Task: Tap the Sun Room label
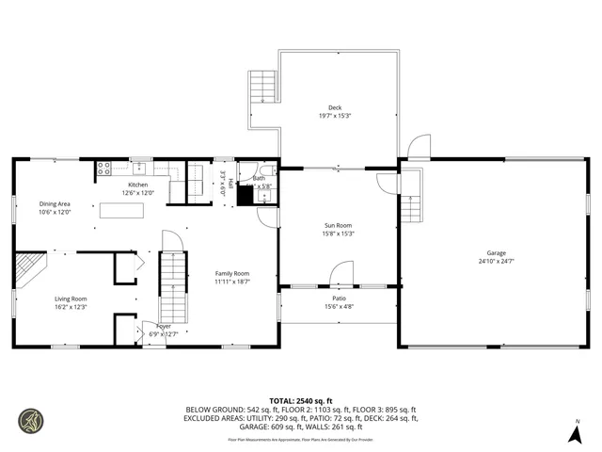[x=339, y=225]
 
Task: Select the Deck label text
[x=335, y=107]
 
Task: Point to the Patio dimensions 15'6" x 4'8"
[x=339, y=306]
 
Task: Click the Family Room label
[x=230, y=273]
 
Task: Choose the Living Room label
[x=70, y=299]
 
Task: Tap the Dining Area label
[x=55, y=203]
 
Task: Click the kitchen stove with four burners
[x=103, y=170]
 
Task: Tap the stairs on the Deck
[x=262, y=88]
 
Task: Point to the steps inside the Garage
[x=410, y=209]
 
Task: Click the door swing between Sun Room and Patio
[x=341, y=274]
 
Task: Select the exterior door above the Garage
[x=420, y=148]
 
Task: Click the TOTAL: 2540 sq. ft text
[x=300, y=399]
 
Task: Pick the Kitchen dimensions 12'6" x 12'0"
[x=138, y=193]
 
